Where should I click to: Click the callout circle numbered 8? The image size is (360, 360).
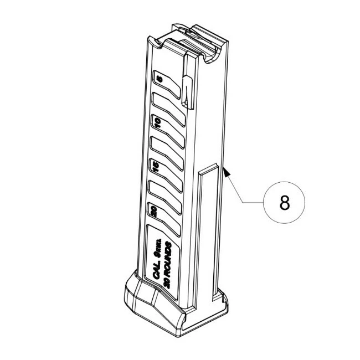pos(284,203)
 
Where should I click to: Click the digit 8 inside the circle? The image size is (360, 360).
pos(284,203)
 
